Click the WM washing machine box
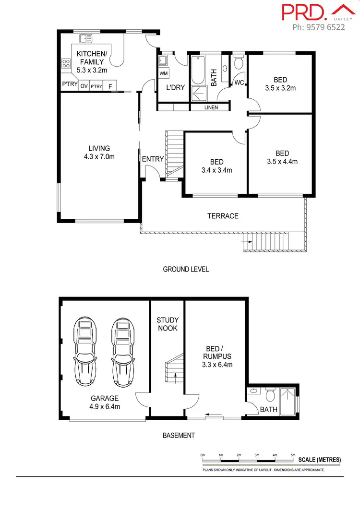point(163,73)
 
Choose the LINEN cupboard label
point(211,107)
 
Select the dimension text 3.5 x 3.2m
point(280,88)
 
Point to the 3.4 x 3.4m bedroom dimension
point(216,170)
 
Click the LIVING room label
point(98,148)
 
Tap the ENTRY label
point(153,159)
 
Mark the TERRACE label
point(223,216)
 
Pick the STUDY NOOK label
point(167,324)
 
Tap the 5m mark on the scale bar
point(293,454)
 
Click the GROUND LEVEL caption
point(186,269)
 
